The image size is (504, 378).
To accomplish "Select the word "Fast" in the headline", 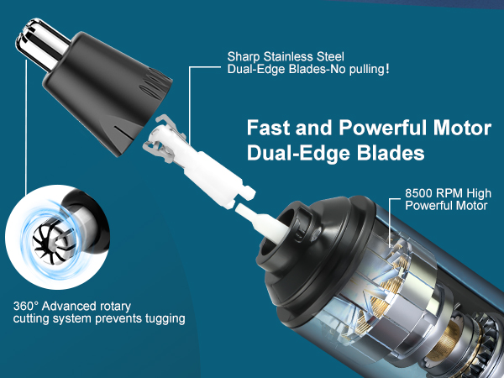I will coord(268,129).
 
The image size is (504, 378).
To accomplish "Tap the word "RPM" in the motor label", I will coord(451,192).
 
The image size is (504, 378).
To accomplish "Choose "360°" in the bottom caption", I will coord(28,306).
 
